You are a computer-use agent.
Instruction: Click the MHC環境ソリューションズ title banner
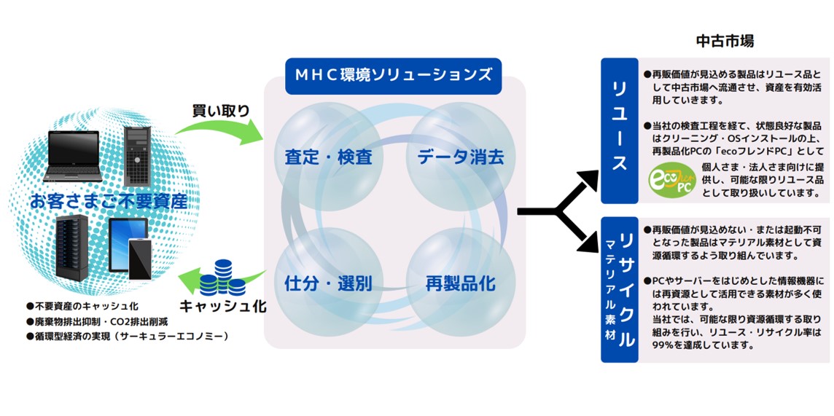pos(393,76)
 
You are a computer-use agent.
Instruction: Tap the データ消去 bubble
pos(461,157)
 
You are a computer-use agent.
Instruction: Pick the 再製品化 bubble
pos(461,283)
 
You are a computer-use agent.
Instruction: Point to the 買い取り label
pos(220,110)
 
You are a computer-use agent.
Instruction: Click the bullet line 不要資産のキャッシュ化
pos(82,306)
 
